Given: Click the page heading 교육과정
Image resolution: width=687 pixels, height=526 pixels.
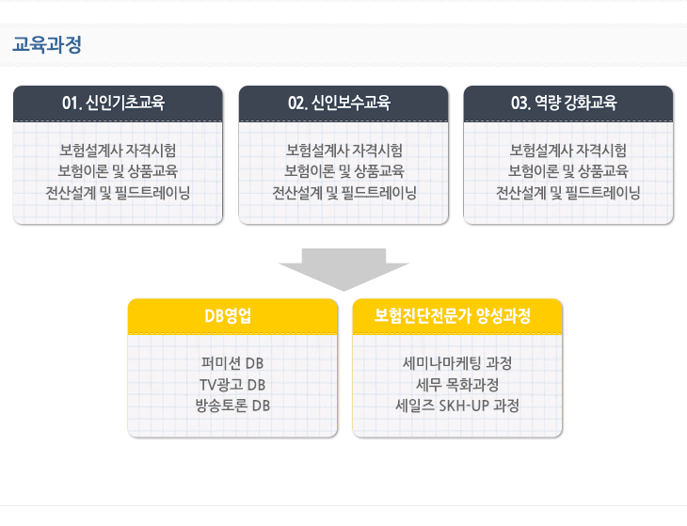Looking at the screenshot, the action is (47, 44).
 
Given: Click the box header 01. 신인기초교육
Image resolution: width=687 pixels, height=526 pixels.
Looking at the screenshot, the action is (114, 103).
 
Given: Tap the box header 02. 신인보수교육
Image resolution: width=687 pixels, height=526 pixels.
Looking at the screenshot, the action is (339, 103).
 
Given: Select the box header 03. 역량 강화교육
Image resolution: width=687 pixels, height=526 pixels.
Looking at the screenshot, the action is (564, 103).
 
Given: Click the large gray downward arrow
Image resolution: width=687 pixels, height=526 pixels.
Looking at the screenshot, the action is (343, 269).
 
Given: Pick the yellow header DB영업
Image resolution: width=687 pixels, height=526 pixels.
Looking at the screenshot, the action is (228, 316).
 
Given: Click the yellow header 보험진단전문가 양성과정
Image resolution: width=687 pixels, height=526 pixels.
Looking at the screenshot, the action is (453, 316).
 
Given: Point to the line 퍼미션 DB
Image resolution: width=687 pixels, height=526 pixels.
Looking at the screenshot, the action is (232, 363).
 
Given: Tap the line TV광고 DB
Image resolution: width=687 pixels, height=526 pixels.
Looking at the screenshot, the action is (232, 385).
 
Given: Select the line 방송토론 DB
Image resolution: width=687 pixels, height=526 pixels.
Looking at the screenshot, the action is (232, 406).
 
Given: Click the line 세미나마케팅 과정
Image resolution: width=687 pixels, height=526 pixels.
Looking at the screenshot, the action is (457, 363).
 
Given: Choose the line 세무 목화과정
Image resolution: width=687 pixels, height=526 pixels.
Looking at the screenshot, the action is (457, 385).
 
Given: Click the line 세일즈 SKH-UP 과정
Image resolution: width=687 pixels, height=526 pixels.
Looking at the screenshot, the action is (457, 406).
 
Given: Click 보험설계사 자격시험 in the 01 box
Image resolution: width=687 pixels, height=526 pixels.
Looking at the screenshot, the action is (118, 151).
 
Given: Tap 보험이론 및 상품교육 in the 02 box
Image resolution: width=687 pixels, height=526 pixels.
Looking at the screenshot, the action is (344, 171).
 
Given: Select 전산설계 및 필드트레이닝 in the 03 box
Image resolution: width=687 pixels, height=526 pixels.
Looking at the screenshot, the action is (568, 193).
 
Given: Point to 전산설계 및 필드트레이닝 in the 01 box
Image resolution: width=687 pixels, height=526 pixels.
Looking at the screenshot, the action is (118, 193).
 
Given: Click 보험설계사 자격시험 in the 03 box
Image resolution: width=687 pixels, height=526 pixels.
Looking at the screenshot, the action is (568, 151).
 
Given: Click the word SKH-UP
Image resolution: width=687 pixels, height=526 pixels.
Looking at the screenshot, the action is (464, 406).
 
